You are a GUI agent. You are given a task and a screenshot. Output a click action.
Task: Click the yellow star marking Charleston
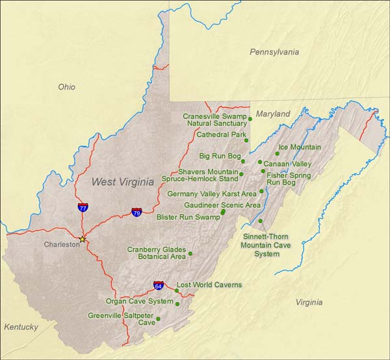tap(82, 239)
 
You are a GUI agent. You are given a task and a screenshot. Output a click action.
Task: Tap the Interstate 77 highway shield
tap(83, 207)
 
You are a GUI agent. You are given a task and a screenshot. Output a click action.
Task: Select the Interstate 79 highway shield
tap(136, 212)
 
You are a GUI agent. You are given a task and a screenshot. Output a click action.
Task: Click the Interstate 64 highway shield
tap(159, 285)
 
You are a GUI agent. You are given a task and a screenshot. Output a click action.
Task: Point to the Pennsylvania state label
tap(274, 51)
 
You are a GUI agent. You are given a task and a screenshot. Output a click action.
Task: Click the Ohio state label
tap(66, 86)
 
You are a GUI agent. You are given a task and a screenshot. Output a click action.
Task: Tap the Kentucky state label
tap(20, 327)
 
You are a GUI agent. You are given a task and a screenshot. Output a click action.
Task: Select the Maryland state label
tap(273, 114)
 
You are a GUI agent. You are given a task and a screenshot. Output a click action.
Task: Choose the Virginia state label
tap(309, 302)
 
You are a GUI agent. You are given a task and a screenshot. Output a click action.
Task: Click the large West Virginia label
tap(122, 182)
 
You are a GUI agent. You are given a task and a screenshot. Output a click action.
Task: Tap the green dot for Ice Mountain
tap(277, 153)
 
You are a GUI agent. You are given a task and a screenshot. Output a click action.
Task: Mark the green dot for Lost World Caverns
tap(176, 290)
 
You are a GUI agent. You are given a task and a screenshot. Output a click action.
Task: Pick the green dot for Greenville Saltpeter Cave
tap(158, 318)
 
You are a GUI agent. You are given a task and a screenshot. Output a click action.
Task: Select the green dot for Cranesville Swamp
tap(250, 119)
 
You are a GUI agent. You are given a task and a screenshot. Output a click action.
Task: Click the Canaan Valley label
tap(287, 164)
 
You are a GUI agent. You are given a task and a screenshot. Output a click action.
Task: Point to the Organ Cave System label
tap(139, 302)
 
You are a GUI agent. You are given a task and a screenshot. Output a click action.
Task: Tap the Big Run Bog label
tap(220, 157)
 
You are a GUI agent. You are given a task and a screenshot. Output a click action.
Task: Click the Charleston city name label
tap(61, 245)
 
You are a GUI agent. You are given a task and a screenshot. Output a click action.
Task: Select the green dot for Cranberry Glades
tap(190, 253)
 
